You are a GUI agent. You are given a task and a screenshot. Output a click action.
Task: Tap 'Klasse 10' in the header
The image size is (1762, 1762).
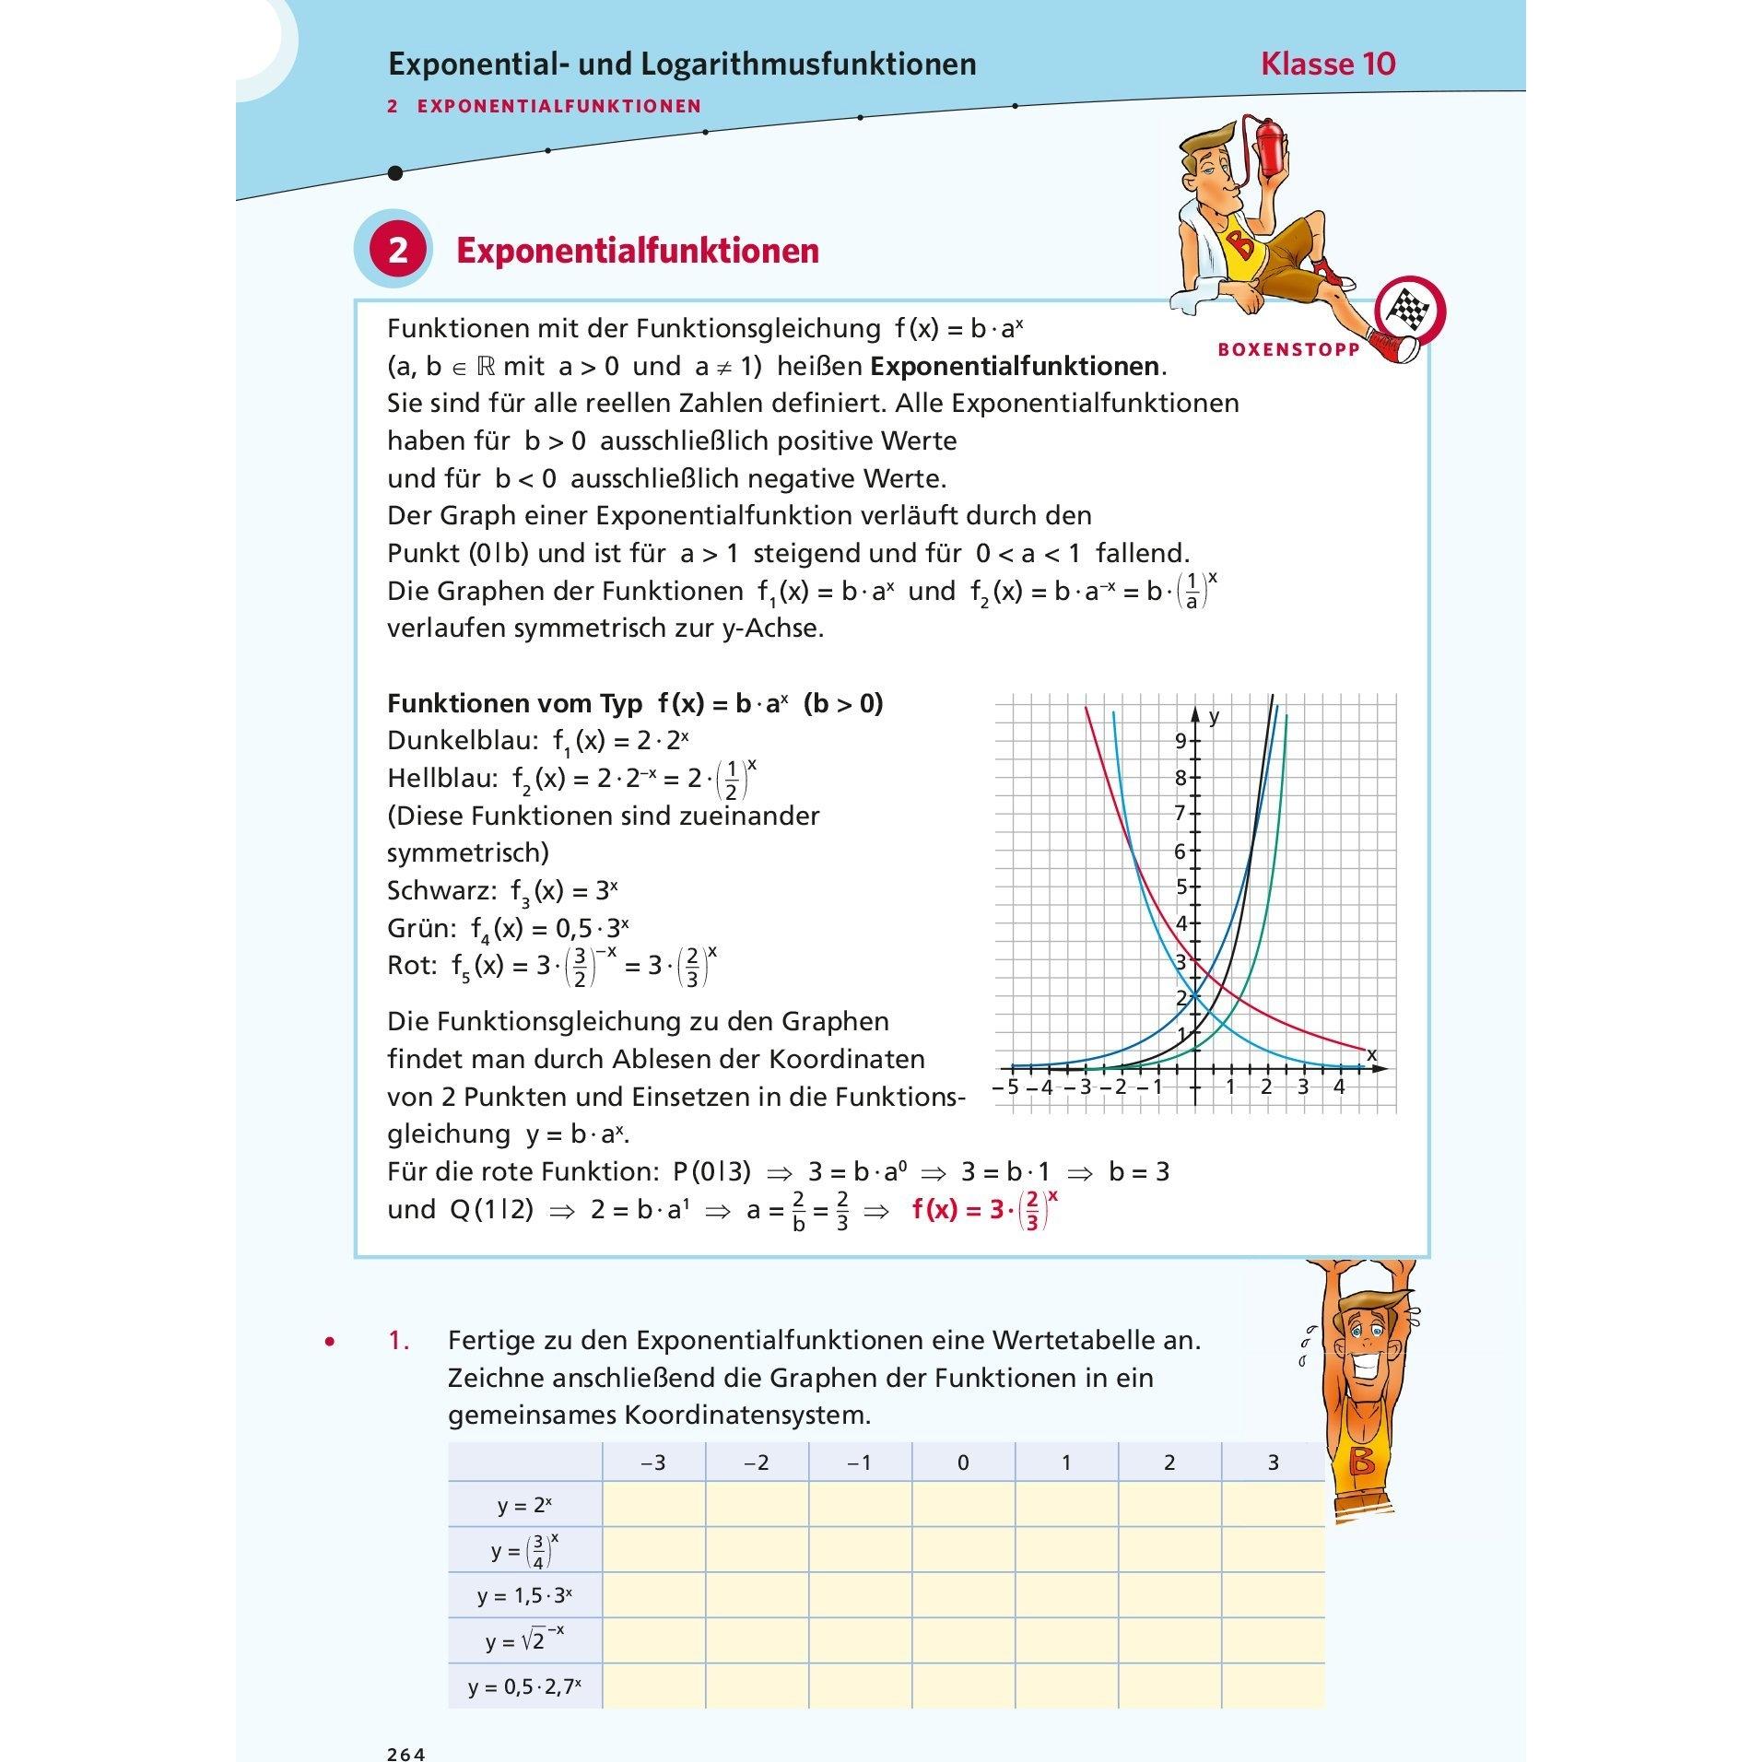click(x=1328, y=64)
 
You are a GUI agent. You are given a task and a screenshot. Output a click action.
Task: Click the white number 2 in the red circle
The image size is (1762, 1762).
click(x=397, y=251)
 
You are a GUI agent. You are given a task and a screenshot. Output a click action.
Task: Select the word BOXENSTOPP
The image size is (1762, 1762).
click(x=1288, y=350)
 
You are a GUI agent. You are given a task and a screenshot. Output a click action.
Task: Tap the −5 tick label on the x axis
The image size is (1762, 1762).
click(x=1006, y=1087)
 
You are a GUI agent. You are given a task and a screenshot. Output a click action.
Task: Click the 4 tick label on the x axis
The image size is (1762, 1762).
click(x=1339, y=1087)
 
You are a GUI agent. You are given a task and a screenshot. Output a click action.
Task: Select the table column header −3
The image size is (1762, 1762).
click(x=653, y=1462)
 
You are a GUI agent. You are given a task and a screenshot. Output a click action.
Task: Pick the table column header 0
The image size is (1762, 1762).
click(x=963, y=1462)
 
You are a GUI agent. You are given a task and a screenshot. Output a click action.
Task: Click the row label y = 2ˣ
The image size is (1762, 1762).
click(x=524, y=1505)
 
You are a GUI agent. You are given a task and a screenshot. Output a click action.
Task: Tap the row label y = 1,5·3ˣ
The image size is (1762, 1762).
click(x=524, y=1595)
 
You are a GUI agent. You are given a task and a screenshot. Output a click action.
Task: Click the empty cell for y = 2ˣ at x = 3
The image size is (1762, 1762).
click(x=1273, y=1505)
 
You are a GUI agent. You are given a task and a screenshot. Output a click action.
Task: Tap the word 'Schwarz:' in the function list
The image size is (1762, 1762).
click(x=443, y=891)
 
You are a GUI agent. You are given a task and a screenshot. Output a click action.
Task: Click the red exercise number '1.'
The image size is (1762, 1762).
click(x=398, y=1340)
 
